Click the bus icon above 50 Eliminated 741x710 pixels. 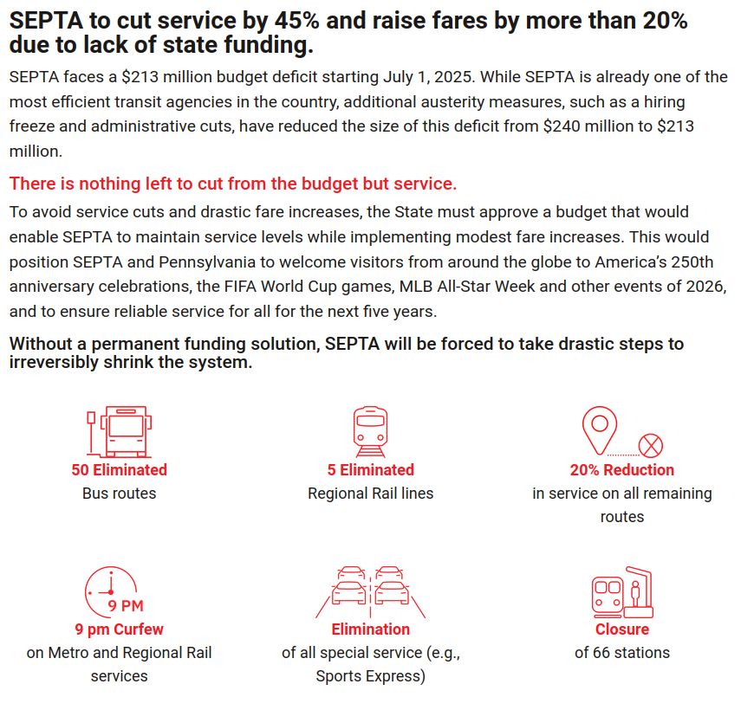(x=119, y=430)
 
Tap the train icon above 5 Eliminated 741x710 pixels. (x=370, y=430)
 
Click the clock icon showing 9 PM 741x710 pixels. (x=111, y=591)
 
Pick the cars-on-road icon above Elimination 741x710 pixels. (x=370, y=591)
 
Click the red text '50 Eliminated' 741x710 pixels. (x=119, y=470)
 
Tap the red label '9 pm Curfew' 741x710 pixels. (x=119, y=629)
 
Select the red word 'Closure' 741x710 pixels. (x=621, y=629)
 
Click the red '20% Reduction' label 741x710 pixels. (x=621, y=470)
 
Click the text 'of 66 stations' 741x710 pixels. (x=621, y=652)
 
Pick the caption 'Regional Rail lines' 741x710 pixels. (x=370, y=493)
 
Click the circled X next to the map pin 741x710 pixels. (x=651, y=446)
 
